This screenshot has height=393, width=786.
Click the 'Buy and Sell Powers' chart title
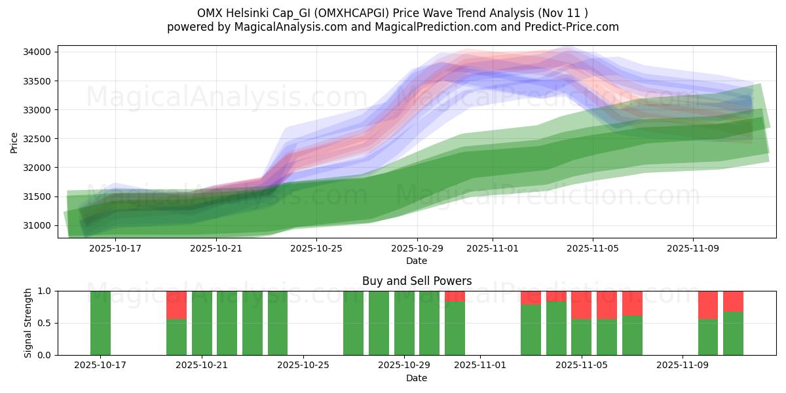tap(417, 281)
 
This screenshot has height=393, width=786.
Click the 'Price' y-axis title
tap(14, 141)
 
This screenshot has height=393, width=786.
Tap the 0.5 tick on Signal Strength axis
tap(46, 323)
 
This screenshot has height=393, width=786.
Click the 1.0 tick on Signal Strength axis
tap(46, 291)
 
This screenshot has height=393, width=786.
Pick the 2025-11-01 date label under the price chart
tap(493, 248)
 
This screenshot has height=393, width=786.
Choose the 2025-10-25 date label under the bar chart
tap(303, 365)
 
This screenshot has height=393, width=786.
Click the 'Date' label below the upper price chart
tap(417, 261)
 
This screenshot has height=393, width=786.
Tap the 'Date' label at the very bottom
tap(417, 378)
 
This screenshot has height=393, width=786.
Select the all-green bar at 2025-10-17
tap(100, 323)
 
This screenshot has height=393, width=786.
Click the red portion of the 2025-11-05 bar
tap(581, 305)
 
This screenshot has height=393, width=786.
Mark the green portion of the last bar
tap(733, 333)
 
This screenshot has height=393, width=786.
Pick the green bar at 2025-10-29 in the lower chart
tap(404, 323)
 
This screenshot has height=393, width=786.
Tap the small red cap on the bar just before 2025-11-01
tap(455, 296)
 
